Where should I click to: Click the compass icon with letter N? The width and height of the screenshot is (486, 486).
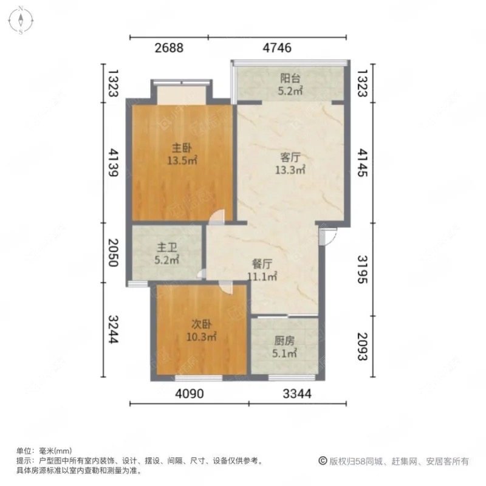[x=20, y=20]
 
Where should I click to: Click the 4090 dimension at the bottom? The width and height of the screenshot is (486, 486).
[x=190, y=394]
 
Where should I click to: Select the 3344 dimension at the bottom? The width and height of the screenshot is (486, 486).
[x=296, y=394]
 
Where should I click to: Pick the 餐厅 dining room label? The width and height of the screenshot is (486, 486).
[x=262, y=264]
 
